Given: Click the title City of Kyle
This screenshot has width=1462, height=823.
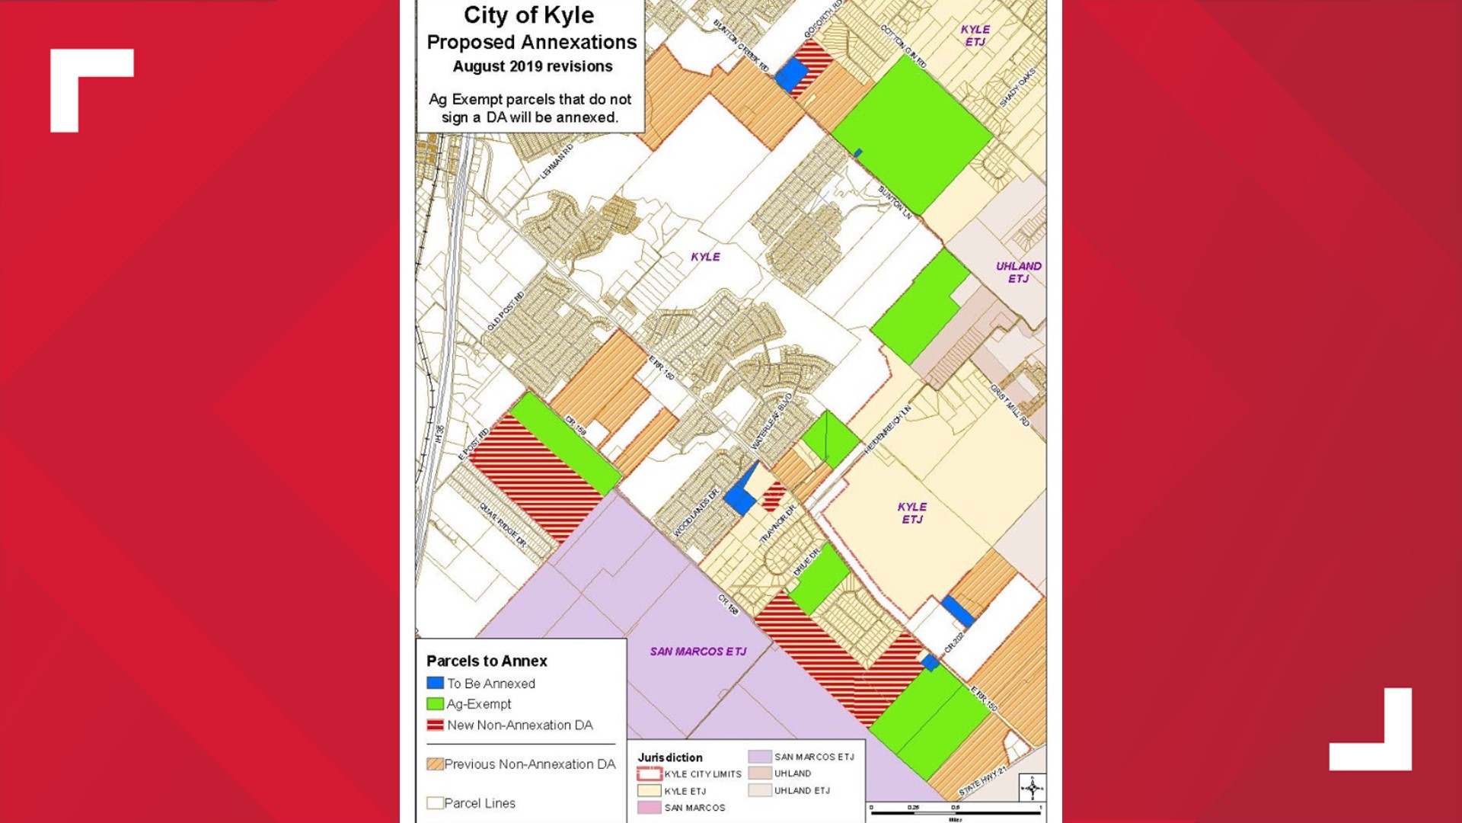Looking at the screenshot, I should click(x=528, y=15).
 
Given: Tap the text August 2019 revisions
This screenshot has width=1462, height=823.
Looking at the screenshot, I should click(x=532, y=66).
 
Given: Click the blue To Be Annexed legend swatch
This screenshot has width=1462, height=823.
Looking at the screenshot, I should click(x=435, y=684).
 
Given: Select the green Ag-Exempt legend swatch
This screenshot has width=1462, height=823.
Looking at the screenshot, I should click(x=435, y=704).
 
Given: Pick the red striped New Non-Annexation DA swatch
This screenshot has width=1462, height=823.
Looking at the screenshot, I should click(x=435, y=725).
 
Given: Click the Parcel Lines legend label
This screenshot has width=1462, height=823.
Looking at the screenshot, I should click(x=479, y=803).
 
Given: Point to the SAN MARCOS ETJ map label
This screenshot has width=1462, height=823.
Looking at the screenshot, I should click(x=697, y=652).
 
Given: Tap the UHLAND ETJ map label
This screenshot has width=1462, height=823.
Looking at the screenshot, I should click(x=1018, y=272).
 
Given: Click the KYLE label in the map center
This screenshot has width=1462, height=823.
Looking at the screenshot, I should click(x=705, y=257).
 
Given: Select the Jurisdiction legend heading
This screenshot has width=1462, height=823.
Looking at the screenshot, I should click(x=670, y=757).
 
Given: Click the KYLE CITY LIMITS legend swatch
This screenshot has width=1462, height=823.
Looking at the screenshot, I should click(x=649, y=774).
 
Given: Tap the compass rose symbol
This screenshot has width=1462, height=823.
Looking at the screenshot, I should click(x=1032, y=787).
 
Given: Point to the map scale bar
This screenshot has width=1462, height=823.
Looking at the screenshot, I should click(x=956, y=812).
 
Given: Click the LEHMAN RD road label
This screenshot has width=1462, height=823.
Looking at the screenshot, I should click(x=557, y=162).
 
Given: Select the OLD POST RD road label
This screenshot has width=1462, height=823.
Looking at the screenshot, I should click(x=506, y=311).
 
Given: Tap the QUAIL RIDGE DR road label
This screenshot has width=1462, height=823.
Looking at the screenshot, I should click(x=503, y=524).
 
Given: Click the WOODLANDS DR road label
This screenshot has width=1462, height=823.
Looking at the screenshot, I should click(x=696, y=513).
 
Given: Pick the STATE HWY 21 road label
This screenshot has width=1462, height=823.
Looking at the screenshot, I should click(x=982, y=781).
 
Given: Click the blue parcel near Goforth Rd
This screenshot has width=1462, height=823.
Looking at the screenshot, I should click(x=791, y=75).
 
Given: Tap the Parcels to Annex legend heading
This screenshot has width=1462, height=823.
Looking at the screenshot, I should click(x=487, y=661).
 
